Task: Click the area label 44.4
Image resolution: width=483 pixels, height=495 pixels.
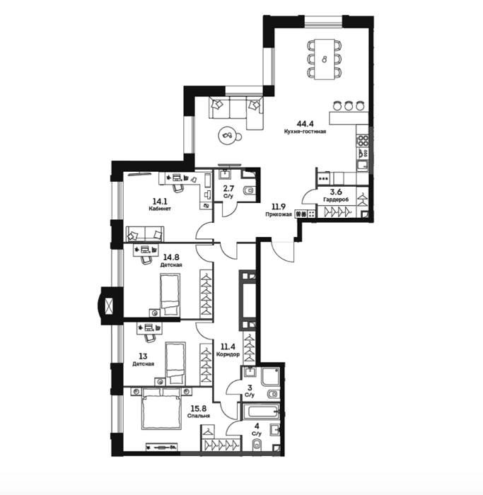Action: (x=305, y=124)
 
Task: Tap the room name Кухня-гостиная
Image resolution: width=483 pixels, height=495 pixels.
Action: (x=305, y=132)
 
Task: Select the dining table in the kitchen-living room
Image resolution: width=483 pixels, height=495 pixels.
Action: (x=325, y=59)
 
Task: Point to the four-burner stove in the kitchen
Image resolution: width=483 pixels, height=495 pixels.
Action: (x=362, y=140)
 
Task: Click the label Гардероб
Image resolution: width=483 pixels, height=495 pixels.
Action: (x=336, y=199)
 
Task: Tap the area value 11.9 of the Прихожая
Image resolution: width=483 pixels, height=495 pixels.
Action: (x=279, y=206)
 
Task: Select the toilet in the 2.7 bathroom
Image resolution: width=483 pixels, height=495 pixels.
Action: (x=249, y=191)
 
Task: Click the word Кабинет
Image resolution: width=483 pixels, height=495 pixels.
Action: (x=160, y=209)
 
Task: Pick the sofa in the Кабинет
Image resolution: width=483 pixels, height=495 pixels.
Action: (x=145, y=234)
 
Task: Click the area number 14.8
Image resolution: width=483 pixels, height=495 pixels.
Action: (x=171, y=257)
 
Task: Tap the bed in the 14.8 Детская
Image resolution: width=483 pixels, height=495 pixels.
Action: (x=170, y=295)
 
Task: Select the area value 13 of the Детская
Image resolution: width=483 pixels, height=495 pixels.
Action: (x=143, y=356)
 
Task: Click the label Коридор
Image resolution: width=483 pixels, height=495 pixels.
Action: (x=228, y=354)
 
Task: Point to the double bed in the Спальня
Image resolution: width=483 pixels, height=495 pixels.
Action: (x=162, y=409)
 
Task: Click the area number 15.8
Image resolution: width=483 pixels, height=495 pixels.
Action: (x=199, y=409)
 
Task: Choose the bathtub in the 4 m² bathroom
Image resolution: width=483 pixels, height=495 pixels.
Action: (x=261, y=412)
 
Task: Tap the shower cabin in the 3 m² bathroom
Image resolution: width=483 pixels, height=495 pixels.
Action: (x=271, y=377)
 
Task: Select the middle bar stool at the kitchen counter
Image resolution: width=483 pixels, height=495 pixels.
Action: (x=349, y=105)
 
